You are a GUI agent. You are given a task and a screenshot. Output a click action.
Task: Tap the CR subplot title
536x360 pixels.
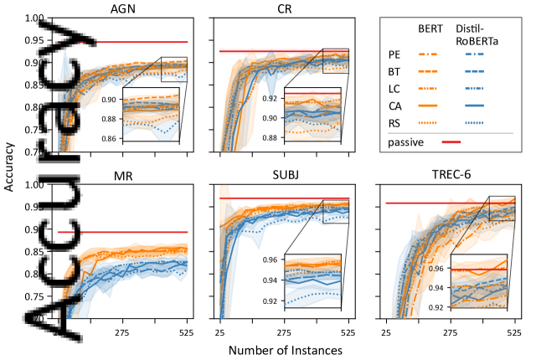(284, 9)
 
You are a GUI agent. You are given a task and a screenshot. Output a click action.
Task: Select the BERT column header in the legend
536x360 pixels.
(430, 28)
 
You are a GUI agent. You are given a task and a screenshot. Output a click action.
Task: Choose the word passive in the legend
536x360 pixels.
(406, 143)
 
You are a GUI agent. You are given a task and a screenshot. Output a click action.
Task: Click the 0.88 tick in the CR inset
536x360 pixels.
(273, 136)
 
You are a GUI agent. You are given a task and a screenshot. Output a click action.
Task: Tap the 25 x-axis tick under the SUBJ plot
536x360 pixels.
(219, 332)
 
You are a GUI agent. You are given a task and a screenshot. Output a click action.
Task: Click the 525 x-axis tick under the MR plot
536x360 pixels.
(186, 332)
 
